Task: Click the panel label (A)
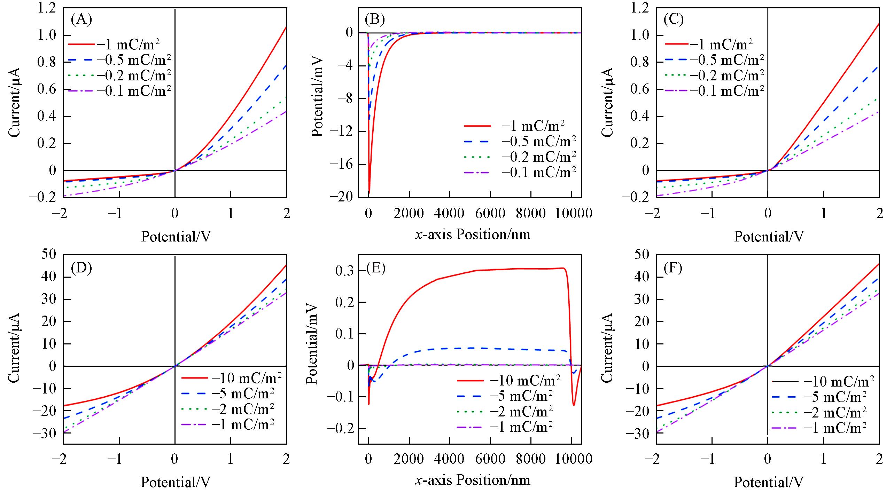click(x=81, y=19)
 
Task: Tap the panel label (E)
click(x=376, y=269)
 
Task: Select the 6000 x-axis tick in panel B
click(x=490, y=213)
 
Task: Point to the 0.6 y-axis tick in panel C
click(x=640, y=89)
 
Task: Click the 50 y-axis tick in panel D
click(x=49, y=254)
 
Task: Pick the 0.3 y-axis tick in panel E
click(x=345, y=271)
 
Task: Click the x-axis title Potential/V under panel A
click(x=176, y=237)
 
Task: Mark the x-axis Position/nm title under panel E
click(x=473, y=480)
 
